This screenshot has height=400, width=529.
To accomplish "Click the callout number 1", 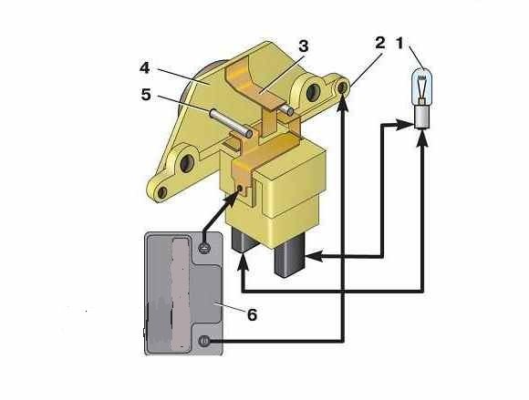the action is coord(399,43).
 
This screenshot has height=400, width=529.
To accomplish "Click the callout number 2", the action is coord(380,43).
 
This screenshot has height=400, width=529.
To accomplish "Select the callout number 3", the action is coord(304,46).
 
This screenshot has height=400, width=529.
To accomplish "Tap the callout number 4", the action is coord(144,68).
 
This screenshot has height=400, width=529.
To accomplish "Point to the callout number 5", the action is coord(146,95).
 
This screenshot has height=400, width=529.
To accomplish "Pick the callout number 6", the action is coord(252,314).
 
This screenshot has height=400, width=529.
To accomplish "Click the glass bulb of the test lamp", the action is coord(422,86).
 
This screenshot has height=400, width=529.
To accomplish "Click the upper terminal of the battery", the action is coord(204,249).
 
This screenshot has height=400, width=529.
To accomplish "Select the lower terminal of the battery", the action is coord(203,341).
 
